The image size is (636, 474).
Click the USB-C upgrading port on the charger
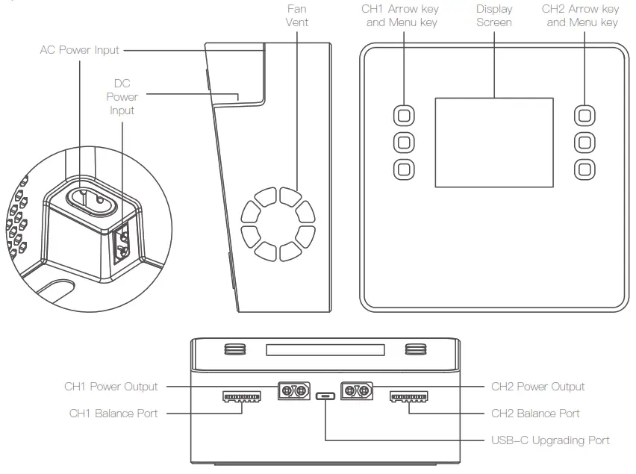tap(325, 396)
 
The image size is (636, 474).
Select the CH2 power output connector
tap(356, 390)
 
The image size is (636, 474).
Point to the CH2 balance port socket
tap(408, 396)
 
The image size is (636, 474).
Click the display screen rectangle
tap(494, 142)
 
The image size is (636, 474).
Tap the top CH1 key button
tap(404, 115)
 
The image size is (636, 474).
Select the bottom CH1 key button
tap(404, 168)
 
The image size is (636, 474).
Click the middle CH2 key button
tap(584, 141)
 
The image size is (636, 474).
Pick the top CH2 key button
tap(584, 115)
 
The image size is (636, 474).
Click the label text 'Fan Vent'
tap(296, 16)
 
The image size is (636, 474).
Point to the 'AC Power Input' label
tap(79, 50)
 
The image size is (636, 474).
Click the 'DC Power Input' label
tap(122, 97)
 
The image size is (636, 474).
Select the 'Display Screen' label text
tap(494, 16)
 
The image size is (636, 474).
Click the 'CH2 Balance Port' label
tap(535, 413)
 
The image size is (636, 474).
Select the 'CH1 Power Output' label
tap(111, 387)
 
